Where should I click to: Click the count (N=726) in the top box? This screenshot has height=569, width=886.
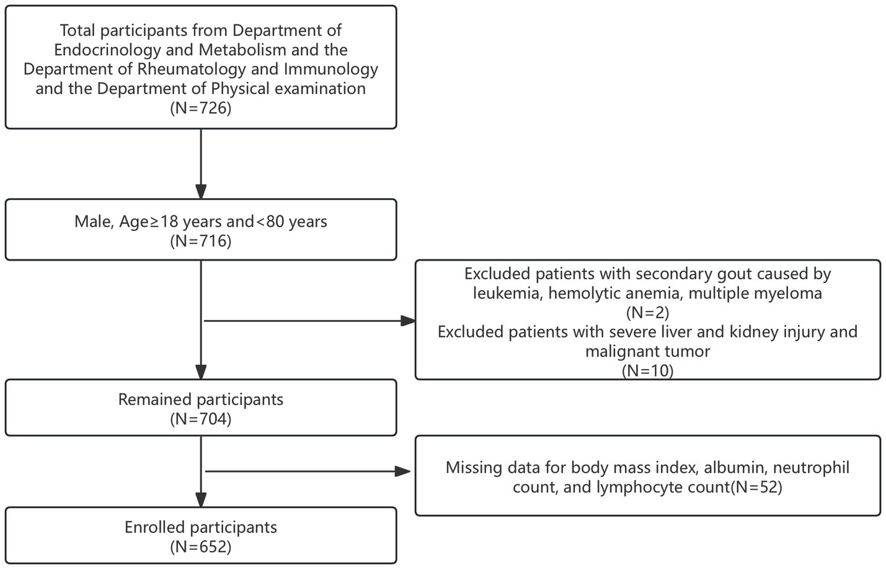click(x=200, y=108)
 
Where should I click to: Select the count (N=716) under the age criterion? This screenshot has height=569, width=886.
click(x=200, y=241)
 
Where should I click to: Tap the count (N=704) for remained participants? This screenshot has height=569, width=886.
click(x=200, y=419)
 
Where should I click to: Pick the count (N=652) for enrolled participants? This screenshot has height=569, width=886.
click(x=200, y=547)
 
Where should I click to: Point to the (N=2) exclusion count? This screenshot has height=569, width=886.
click(x=647, y=313)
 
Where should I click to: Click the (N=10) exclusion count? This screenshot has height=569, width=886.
click(x=647, y=371)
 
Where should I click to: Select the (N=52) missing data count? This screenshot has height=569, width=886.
click(x=756, y=487)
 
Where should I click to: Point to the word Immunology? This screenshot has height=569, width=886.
click(x=330, y=69)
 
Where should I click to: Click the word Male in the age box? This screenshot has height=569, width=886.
click(x=94, y=222)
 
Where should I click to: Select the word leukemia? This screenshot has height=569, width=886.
click(x=507, y=293)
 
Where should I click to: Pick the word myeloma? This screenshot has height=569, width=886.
click(x=787, y=293)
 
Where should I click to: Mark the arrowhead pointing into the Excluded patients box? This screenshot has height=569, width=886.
click(x=408, y=321)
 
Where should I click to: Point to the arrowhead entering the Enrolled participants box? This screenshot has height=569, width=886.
click(x=201, y=500)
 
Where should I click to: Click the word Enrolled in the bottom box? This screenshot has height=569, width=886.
click(x=154, y=528)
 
